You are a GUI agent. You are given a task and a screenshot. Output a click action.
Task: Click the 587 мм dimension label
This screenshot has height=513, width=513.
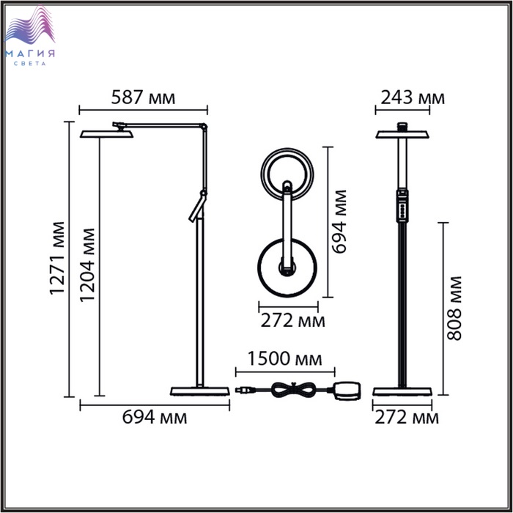[144, 97]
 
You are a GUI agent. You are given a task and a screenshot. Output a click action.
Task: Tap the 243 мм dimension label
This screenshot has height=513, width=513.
[413, 97]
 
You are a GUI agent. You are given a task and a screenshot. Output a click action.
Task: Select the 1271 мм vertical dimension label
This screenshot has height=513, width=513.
[57, 259]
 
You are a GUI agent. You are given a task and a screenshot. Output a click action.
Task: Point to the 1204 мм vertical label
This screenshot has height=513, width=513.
[87, 265]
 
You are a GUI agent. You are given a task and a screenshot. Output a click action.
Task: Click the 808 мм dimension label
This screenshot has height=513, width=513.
[454, 309]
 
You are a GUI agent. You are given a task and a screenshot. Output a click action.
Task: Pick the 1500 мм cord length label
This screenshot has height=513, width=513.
[284, 358]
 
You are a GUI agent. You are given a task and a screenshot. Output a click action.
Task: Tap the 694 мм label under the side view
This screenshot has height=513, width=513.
[155, 417]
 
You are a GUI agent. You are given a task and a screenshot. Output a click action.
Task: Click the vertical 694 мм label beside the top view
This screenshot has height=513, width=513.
[339, 221]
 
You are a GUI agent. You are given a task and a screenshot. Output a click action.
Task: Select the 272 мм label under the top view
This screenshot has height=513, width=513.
[293, 321]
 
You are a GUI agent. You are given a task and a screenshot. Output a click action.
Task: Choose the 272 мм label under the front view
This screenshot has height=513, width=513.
[407, 418]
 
